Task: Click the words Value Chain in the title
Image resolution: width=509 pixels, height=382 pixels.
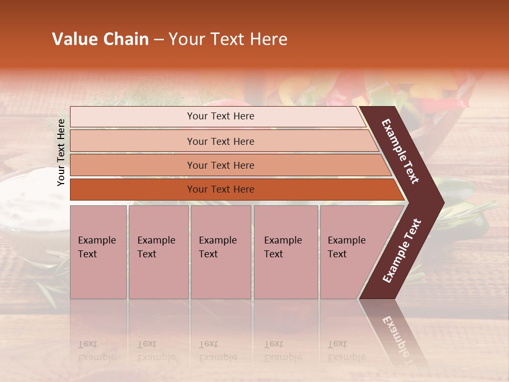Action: coord(100,39)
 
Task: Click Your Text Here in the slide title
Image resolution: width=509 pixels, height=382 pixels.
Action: coord(228,39)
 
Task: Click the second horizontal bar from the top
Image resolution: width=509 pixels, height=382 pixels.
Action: coord(221,141)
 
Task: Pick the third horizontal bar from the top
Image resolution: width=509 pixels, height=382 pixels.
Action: coord(221,165)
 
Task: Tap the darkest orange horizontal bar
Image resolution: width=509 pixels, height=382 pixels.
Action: coord(221,189)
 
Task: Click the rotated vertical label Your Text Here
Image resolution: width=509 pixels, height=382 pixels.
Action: coord(61,152)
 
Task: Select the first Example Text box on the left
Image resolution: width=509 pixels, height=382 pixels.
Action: coord(98,252)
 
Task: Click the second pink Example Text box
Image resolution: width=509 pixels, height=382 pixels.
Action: coord(158,252)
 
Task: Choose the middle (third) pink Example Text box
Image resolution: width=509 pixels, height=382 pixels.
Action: coord(221,252)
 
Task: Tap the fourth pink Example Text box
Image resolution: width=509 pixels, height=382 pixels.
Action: coord(286,252)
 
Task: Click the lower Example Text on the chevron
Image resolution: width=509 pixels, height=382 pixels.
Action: coord(402,251)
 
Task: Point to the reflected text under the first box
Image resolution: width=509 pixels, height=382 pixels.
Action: coord(96,351)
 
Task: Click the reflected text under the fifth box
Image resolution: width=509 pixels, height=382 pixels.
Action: coord(346,351)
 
